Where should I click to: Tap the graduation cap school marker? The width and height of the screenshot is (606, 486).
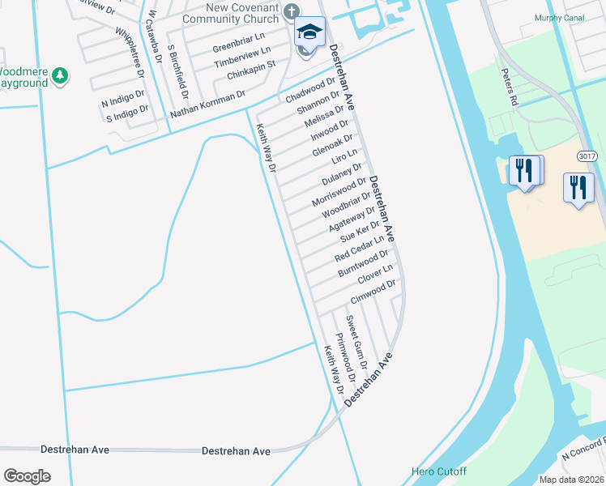(309, 32)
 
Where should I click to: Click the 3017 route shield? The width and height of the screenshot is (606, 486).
(588, 155)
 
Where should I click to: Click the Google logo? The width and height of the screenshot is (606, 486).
(27, 476)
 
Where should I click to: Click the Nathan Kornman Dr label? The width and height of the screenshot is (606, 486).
(207, 104)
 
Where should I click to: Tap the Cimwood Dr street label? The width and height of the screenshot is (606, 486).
(373, 292)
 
